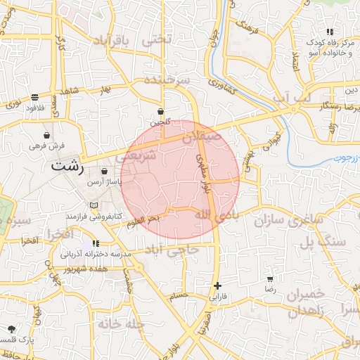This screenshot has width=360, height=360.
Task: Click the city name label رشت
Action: (67, 168)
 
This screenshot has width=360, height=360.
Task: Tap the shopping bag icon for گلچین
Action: (160, 111)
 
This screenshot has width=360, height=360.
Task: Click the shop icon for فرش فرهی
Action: (46, 135)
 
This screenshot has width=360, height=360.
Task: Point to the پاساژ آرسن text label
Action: (104, 181)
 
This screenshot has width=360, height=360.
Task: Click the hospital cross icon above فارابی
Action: (218, 285)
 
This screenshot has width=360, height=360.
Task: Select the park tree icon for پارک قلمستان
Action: (11, 328)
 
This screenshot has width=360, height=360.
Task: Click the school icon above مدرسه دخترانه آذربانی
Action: (96, 243)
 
